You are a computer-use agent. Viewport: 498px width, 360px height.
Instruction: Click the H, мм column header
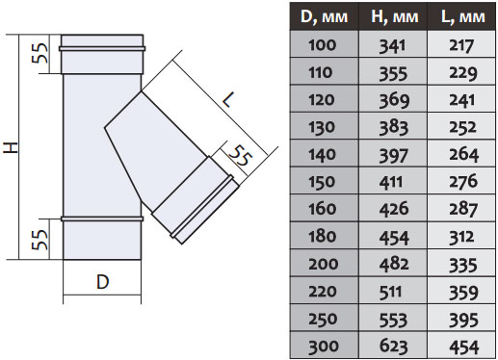[x=394, y=16]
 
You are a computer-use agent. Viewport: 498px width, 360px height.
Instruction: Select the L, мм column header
[x=462, y=16]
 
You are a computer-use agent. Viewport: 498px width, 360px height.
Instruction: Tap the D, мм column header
[x=324, y=16]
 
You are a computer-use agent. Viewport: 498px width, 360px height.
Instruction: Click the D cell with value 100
[x=323, y=45]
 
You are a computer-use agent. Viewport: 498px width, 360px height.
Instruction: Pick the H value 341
[x=392, y=46]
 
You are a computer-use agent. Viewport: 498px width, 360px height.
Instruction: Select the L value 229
[x=463, y=73]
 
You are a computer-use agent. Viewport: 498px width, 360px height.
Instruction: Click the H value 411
[x=391, y=182]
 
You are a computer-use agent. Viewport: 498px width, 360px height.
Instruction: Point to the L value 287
[x=463, y=209]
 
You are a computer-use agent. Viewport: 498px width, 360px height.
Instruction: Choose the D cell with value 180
[x=323, y=237]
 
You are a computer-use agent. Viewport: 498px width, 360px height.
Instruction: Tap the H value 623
[x=394, y=347]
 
